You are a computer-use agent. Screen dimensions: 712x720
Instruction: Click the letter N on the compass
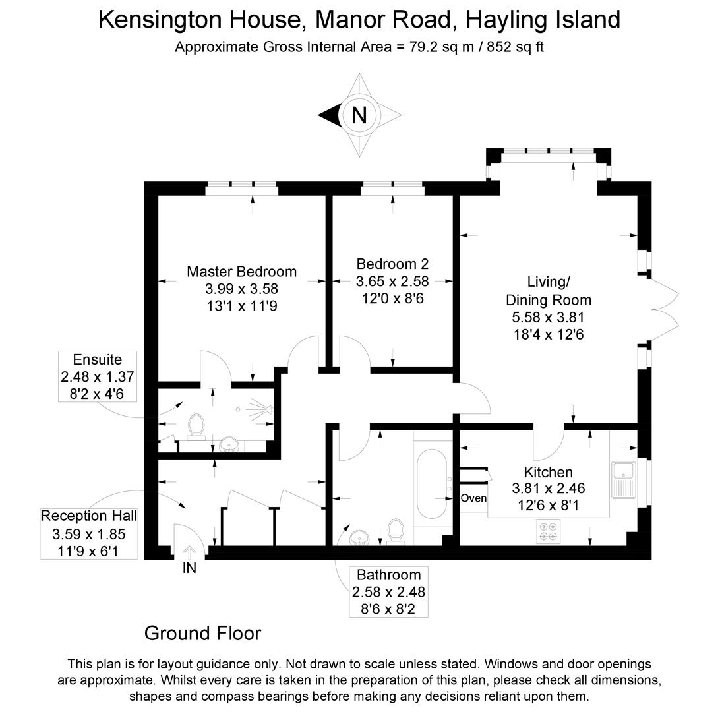coord(359,115)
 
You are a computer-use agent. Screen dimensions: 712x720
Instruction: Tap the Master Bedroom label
coord(241,271)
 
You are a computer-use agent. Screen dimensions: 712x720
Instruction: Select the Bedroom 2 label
coord(392,264)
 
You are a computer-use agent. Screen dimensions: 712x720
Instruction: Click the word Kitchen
coord(548,472)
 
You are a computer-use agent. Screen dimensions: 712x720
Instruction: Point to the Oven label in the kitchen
coord(473,498)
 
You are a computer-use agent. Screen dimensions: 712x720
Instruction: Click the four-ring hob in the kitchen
coord(547,531)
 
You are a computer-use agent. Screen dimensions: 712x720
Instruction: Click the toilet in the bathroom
coord(396,530)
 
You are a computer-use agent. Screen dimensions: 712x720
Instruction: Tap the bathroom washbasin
coord(359,537)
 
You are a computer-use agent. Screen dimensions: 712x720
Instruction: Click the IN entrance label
coord(189,567)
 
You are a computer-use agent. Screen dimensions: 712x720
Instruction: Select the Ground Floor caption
coord(202,634)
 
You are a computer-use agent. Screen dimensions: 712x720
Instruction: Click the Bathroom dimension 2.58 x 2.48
coord(388,591)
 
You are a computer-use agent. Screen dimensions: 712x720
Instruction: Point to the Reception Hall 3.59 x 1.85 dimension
coord(89,533)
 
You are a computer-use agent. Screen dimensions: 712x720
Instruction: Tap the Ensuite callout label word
coord(98,360)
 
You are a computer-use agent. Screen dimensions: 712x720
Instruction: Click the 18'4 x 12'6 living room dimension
coord(549,334)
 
